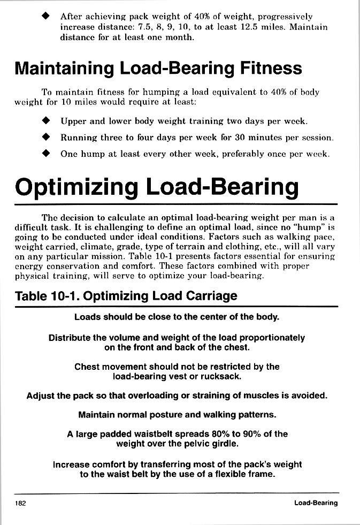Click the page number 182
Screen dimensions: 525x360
(x=21, y=503)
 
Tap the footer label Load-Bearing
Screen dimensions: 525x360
(x=316, y=503)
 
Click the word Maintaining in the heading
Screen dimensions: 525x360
(x=64, y=69)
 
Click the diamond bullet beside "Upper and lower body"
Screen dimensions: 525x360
(x=46, y=121)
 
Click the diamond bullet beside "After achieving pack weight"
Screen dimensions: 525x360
(x=46, y=16)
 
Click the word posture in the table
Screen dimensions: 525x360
(x=171, y=415)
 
